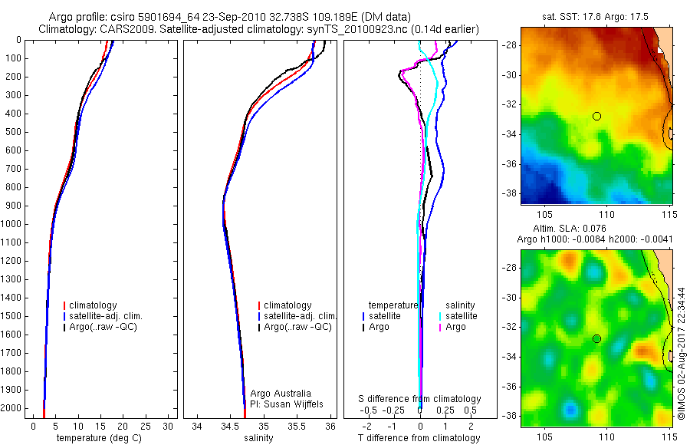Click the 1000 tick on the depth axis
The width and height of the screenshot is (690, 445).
pyautogui.click(x=11, y=224)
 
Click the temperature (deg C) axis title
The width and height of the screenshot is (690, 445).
pyautogui.click(x=99, y=438)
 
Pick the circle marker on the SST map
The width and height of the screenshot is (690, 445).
pyautogui.click(x=596, y=116)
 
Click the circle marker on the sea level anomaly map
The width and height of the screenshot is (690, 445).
pyautogui.click(x=596, y=338)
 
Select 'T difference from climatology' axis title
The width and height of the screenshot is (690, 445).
pyautogui.click(x=419, y=438)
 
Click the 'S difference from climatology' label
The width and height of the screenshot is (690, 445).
pyautogui.click(x=419, y=399)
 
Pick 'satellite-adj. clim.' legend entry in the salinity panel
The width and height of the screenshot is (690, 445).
pyautogui.click(x=300, y=316)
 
